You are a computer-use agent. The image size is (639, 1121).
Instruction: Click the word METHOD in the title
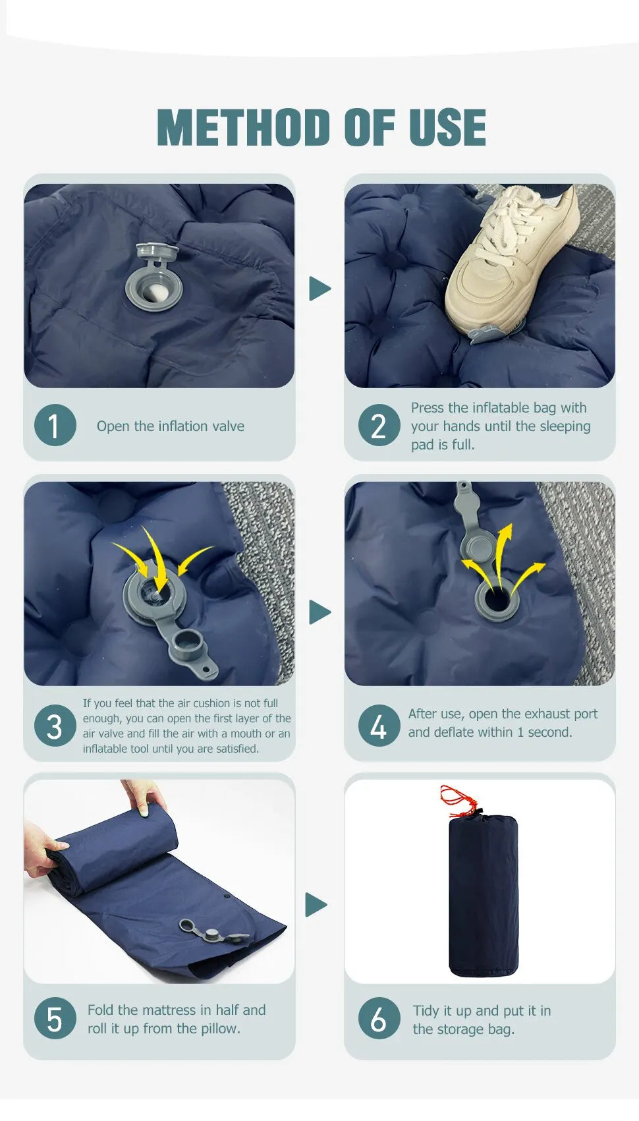pyautogui.click(x=244, y=127)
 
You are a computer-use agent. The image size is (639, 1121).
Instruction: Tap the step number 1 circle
pyautogui.click(x=55, y=425)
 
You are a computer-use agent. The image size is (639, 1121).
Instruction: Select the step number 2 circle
pyautogui.click(x=379, y=425)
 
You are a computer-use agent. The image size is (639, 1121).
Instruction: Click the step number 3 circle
pyautogui.click(x=55, y=726)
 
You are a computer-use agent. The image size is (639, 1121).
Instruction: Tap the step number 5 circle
pyautogui.click(x=55, y=1018)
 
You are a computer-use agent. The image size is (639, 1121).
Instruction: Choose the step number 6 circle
pyautogui.click(x=379, y=1018)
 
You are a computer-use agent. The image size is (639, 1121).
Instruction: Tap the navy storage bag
pyautogui.click(x=483, y=896)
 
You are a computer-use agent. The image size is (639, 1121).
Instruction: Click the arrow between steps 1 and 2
pyautogui.click(x=319, y=289)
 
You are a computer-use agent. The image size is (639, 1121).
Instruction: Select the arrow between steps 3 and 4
pyautogui.click(x=319, y=612)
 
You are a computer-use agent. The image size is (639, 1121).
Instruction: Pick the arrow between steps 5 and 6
pyautogui.click(x=316, y=905)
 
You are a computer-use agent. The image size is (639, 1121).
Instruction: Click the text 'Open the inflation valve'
pyautogui.click(x=170, y=426)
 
